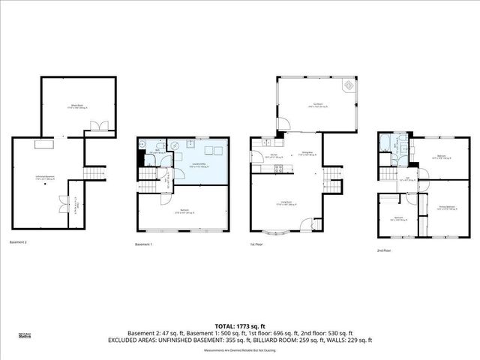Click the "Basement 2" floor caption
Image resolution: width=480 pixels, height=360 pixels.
[19, 242]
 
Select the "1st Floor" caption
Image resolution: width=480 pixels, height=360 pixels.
[257, 244]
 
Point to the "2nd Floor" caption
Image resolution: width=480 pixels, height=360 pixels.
[384, 250]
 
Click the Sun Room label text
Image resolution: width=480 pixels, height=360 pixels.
[318, 104]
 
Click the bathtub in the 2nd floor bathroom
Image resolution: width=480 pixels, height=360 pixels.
[385, 145]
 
